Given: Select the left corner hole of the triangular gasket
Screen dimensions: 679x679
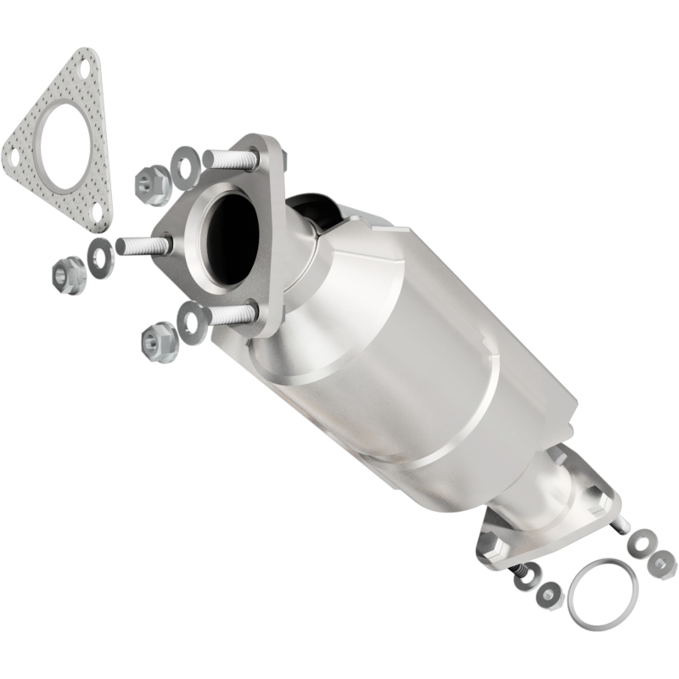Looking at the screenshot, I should tap(14, 155).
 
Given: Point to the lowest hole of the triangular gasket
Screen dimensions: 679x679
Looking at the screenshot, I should tap(98, 210).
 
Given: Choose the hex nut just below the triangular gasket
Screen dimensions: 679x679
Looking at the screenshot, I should tap(69, 274).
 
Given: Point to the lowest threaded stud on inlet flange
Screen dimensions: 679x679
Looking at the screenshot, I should tap(229, 313).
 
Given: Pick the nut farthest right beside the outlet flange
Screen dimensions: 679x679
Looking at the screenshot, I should tap(661, 561).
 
